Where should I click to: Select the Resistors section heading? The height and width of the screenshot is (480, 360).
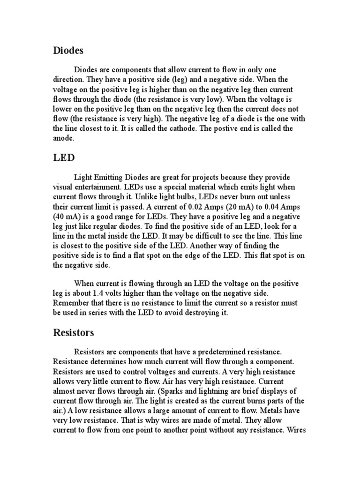click(74, 333)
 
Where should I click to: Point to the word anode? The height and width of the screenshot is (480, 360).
click(63, 138)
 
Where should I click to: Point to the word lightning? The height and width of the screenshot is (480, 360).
click(234, 391)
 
